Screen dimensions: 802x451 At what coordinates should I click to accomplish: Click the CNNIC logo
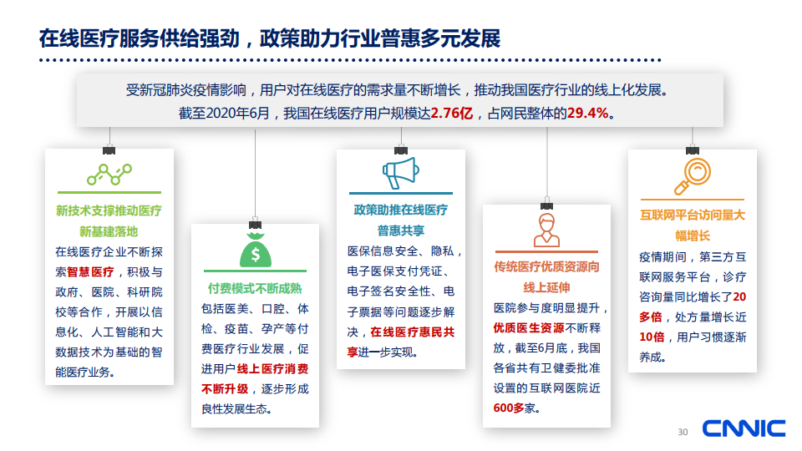coord(744,428)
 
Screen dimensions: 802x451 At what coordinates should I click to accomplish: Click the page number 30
coord(683,432)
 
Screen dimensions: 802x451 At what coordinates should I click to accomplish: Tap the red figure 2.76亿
coord(452,113)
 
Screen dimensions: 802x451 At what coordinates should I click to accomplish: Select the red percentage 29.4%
coord(587,113)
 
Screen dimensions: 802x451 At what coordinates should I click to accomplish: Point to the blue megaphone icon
coord(400,173)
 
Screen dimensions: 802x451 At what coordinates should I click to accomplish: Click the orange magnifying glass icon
coord(692,176)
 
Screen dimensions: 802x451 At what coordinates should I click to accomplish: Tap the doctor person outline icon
coord(546,231)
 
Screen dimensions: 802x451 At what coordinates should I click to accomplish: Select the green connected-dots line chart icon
coord(109,175)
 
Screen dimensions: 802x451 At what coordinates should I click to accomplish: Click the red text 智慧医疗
coord(90,272)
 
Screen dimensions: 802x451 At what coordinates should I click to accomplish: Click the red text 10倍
coord(652,337)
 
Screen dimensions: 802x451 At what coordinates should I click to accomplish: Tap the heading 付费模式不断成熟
coord(255,288)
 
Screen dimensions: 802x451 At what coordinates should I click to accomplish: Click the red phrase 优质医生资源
coord(528,327)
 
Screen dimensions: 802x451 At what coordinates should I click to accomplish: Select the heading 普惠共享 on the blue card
coord(400,231)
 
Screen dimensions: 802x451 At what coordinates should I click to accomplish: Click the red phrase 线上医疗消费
coord(272,368)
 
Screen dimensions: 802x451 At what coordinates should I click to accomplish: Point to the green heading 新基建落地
coord(109,231)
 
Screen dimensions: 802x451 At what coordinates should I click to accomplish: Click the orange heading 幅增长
coord(692,236)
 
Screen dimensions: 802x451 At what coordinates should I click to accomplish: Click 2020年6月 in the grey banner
coord(237,113)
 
